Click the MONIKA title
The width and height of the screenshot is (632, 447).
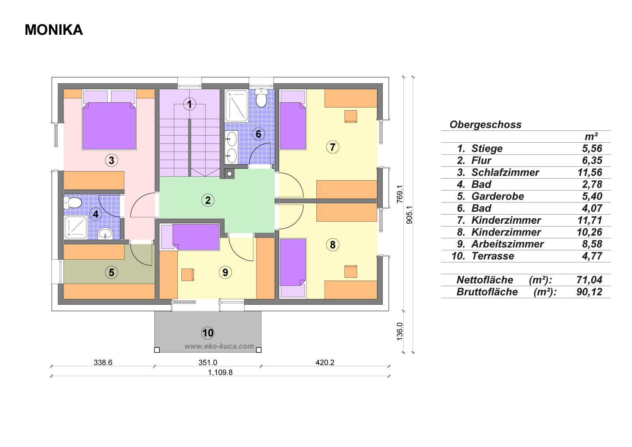point(54,30)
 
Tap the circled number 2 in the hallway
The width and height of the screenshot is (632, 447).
point(208,200)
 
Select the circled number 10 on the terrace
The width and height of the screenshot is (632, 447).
point(208,333)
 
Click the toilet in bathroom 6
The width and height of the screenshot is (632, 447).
point(261,98)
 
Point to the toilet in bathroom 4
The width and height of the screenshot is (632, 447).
point(73,202)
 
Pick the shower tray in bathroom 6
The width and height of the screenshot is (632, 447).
point(237,106)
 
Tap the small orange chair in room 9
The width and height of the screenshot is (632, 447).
point(187,275)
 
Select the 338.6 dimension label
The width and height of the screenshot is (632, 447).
point(103,362)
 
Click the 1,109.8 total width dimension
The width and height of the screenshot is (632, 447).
point(220,372)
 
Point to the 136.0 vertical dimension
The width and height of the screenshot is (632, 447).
point(399,331)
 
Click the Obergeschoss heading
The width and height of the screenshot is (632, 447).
point(485,124)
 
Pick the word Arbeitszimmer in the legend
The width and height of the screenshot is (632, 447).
point(507,244)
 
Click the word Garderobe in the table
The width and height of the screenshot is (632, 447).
point(498,196)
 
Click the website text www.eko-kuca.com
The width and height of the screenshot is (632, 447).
point(219,346)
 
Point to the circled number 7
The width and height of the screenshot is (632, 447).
point(332,147)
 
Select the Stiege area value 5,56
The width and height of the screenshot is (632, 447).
point(592,149)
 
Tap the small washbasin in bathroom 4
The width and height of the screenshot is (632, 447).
point(105,234)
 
